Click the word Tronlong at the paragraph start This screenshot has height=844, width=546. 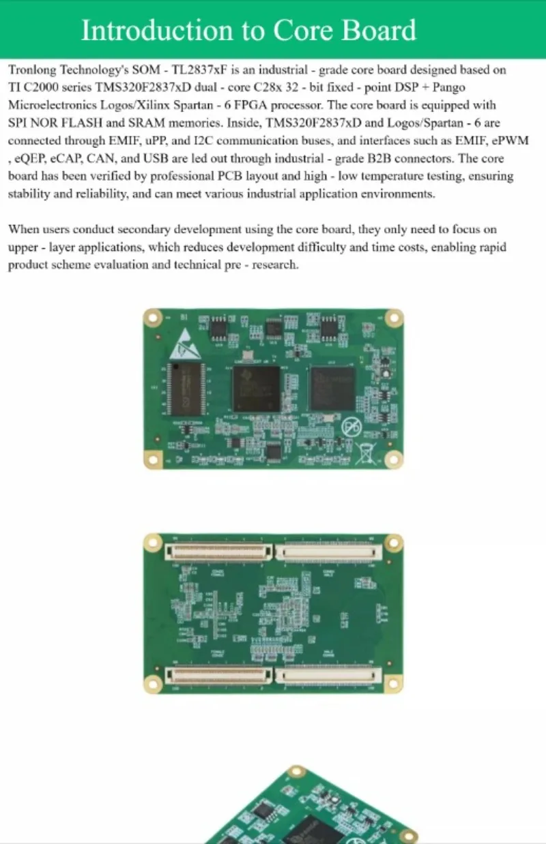click(33, 70)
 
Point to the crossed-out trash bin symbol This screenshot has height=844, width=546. click(367, 452)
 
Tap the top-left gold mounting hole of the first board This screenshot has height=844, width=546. click(153, 318)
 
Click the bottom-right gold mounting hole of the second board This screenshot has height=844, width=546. click(393, 683)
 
